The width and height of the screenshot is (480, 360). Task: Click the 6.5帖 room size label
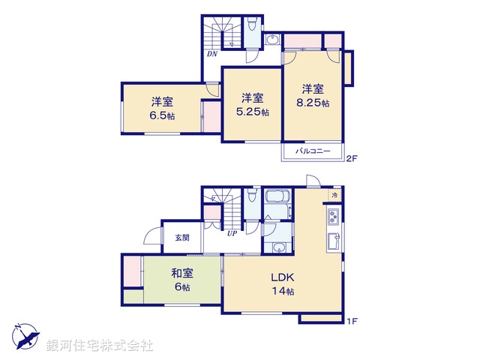[x=161, y=116]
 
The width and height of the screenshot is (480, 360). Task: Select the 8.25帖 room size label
[x=314, y=103]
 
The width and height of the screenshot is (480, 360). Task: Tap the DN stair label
[x=213, y=54]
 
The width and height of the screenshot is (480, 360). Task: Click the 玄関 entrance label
[x=182, y=238]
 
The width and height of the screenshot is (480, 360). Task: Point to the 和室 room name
[x=182, y=273]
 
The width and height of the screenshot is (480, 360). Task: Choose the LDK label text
[x=282, y=277]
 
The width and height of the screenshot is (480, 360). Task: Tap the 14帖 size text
[x=283, y=291]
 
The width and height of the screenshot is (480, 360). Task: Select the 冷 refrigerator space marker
[x=334, y=196]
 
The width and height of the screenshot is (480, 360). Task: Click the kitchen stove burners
[x=331, y=218]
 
